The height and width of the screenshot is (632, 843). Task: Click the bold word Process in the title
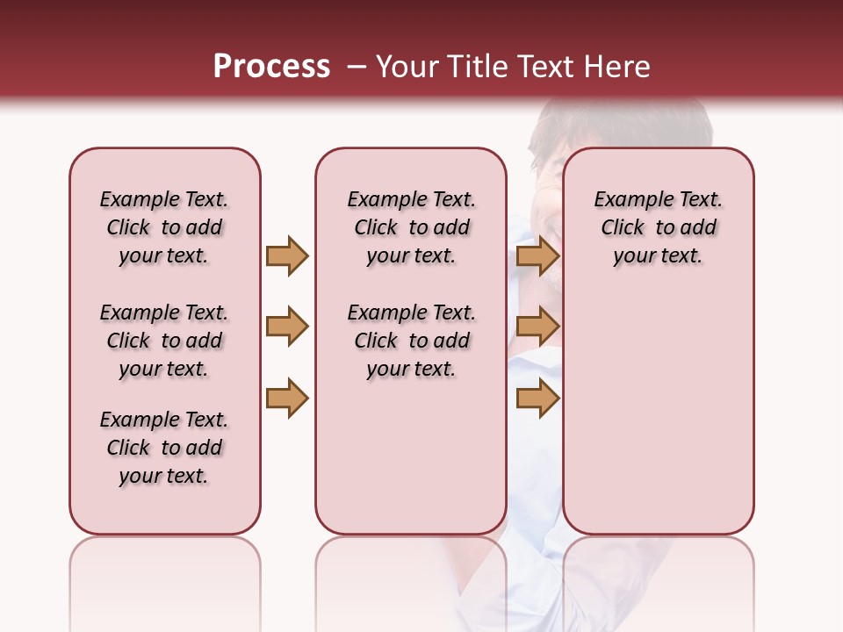point(271,67)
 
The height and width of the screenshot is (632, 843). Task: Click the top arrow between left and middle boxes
point(287,255)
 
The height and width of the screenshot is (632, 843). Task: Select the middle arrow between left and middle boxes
point(287,327)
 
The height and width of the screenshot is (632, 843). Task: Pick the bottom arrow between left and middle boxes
point(287,399)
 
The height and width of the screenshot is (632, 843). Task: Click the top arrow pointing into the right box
point(537,255)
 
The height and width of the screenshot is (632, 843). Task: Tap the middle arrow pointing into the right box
point(537,327)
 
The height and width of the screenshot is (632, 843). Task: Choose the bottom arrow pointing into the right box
point(537,399)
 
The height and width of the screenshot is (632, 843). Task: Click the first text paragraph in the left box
point(164,227)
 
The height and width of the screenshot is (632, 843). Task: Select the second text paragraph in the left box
point(164,341)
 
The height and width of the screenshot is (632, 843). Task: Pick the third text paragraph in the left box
point(164,448)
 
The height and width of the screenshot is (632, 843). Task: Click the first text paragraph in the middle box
point(412,227)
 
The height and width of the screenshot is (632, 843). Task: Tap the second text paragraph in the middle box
point(412,341)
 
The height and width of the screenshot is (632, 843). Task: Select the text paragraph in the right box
point(659,227)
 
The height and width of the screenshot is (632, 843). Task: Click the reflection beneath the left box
point(165,579)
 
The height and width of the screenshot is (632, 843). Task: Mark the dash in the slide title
point(357,68)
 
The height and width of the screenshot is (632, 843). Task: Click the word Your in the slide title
point(408,67)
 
